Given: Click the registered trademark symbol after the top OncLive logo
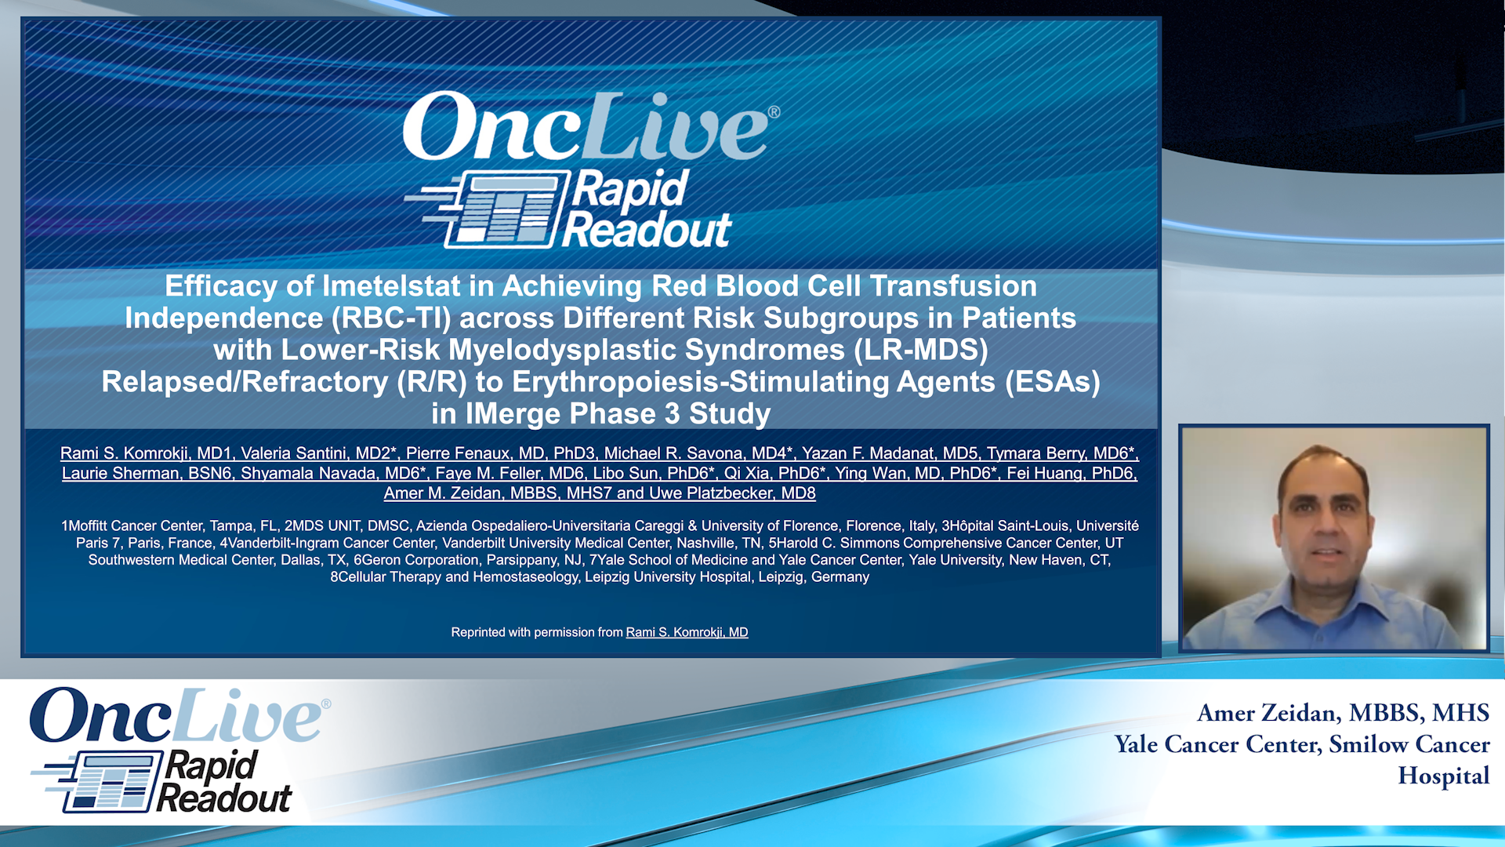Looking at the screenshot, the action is [774, 112].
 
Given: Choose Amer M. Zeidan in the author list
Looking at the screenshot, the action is [442, 493].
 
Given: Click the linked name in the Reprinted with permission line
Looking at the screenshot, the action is [687, 632].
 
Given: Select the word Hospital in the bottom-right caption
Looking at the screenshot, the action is [1444, 776].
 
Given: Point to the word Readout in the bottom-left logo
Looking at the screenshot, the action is [224, 799].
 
